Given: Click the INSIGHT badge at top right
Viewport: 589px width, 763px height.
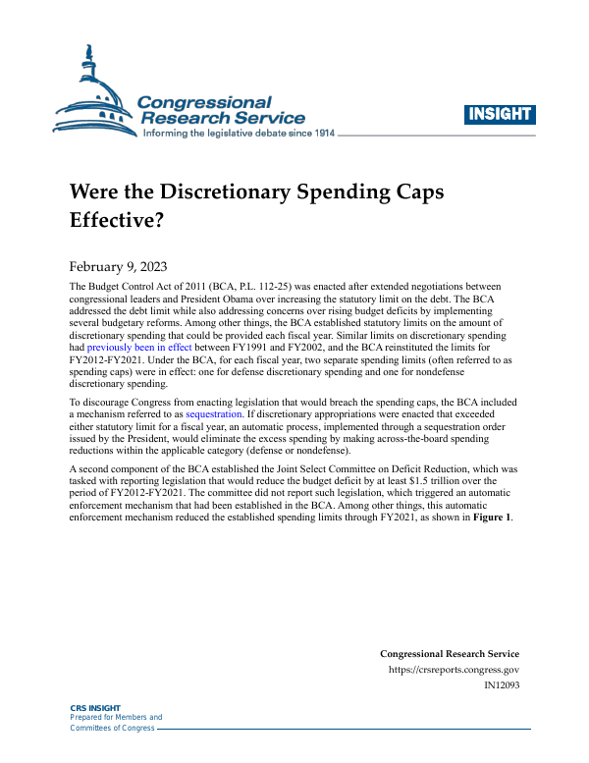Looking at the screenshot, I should (501, 114).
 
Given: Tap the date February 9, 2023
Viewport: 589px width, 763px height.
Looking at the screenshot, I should (116, 266).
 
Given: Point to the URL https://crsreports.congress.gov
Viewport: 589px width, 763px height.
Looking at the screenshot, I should (455, 670).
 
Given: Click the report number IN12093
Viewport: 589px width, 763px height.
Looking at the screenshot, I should (502, 685).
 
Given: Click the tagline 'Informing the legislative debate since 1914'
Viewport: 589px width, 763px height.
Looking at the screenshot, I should (239, 133).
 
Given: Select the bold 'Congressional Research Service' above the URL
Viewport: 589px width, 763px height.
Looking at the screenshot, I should (449, 654).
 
